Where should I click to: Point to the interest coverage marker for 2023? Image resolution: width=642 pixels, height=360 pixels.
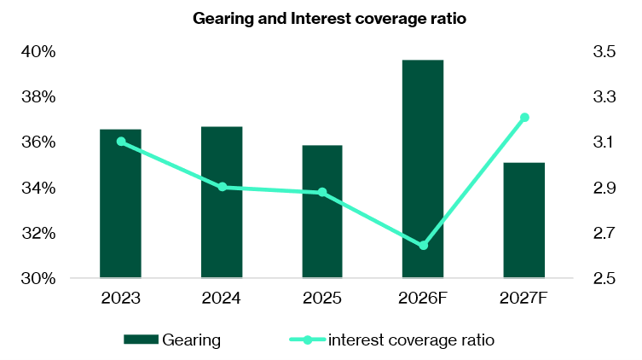tap(121, 142)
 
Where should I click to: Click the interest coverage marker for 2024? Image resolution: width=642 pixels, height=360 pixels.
tap(222, 187)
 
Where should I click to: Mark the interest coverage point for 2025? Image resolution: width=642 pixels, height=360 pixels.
tap(322, 193)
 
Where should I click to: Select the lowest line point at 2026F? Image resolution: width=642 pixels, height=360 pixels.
tap(424, 246)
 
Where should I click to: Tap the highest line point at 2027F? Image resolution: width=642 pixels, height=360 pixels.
tap(524, 118)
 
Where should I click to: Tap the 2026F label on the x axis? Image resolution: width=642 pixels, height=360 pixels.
tap(424, 299)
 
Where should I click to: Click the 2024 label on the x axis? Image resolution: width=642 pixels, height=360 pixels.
tap(222, 299)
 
